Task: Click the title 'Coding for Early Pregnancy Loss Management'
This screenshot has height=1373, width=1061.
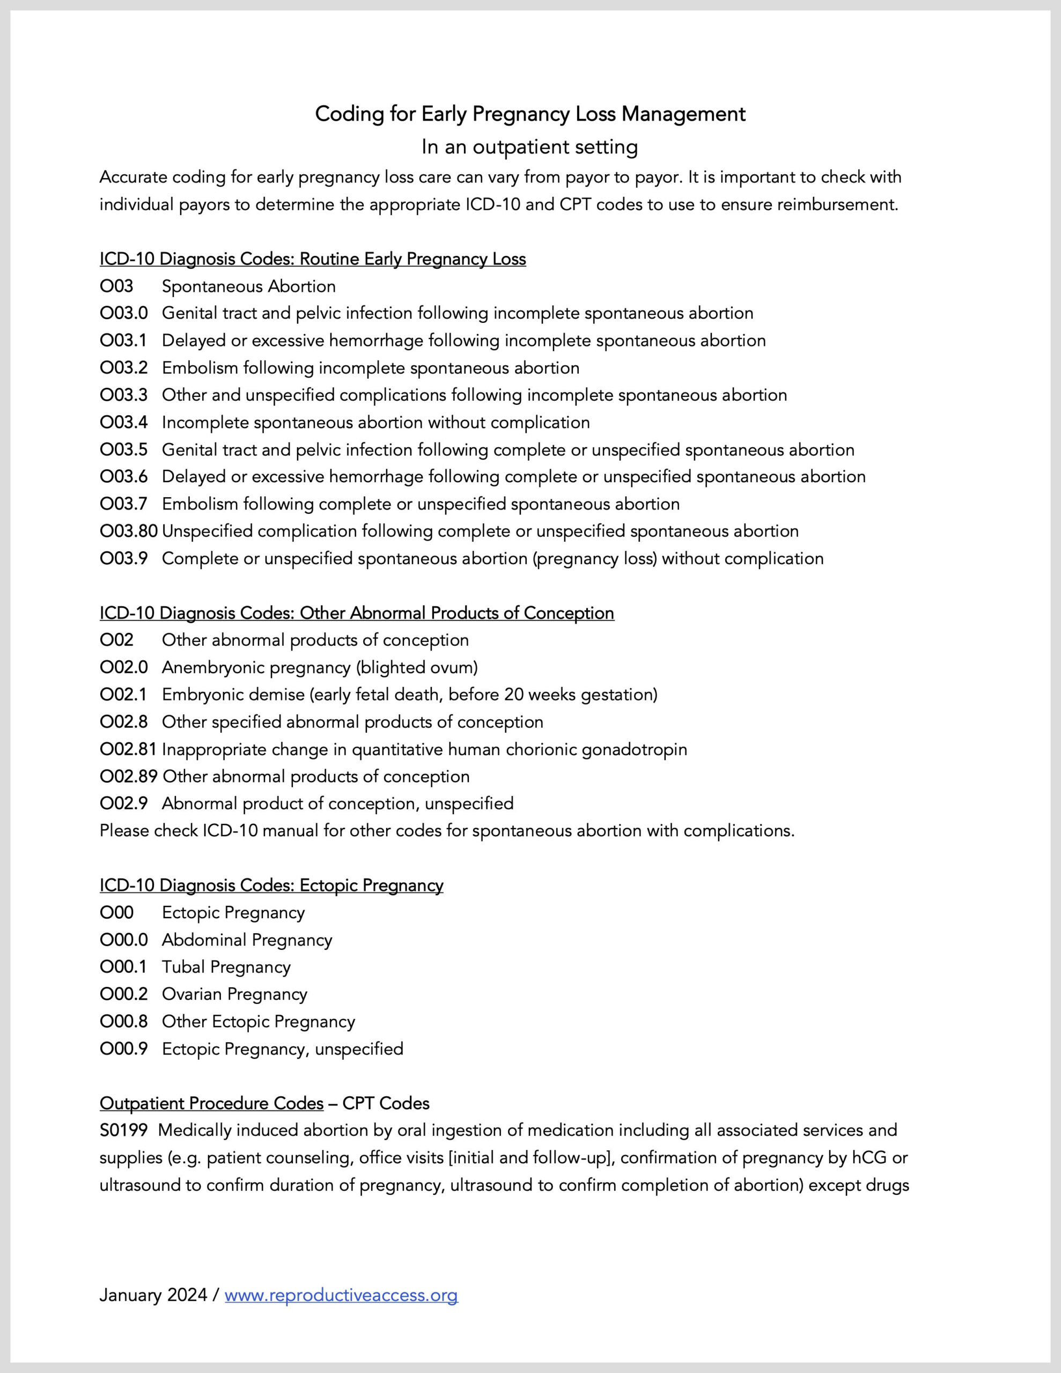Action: click(529, 114)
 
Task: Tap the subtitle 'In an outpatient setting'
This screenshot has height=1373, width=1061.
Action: click(529, 146)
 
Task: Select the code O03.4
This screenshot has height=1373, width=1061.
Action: click(123, 423)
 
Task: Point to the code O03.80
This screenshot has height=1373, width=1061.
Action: click(128, 531)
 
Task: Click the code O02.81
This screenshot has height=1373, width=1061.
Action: click(128, 749)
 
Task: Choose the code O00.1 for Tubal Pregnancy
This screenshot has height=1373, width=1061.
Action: click(123, 967)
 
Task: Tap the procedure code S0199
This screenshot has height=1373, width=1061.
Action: click(123, 1131)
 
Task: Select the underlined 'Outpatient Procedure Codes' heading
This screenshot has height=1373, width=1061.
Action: click(211, 1103)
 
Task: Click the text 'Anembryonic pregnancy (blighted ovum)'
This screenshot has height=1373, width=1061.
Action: click(320, 667)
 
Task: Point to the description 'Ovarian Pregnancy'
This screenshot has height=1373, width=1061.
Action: click(234, 994)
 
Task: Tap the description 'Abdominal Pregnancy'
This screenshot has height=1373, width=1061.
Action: click(247, 940)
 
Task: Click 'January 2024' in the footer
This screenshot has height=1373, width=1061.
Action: click(153, 1295)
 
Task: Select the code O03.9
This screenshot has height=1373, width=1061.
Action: click(123, 558)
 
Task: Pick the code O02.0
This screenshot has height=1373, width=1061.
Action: click(123, 667)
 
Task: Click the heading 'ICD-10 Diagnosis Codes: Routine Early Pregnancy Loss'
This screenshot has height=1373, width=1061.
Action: click(313, 259)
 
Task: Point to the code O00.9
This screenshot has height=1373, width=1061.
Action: click(123, 1049)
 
